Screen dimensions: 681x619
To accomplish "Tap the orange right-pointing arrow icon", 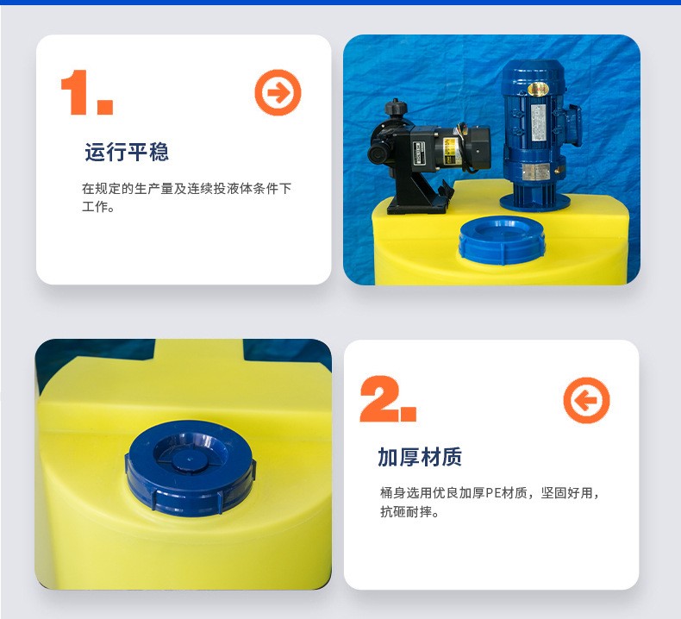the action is [x=278, y=92].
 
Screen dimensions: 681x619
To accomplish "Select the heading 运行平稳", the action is [x=127, y=152].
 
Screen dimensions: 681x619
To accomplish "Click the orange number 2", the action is [x=379, y=398].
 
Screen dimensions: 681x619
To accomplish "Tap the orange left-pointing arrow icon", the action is [x=586, y=400].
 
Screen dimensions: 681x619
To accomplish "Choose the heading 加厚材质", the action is [x=420, y=457].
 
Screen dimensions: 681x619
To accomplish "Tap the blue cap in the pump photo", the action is [x=502, y=240].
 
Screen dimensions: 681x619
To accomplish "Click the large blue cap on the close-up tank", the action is [x=191, y=466].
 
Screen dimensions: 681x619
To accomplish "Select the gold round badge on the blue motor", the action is [x=538, y=90].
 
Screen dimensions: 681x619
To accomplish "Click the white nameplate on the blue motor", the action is [x=539, y=122].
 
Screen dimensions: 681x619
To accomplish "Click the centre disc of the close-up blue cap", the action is [x=190, y=459].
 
